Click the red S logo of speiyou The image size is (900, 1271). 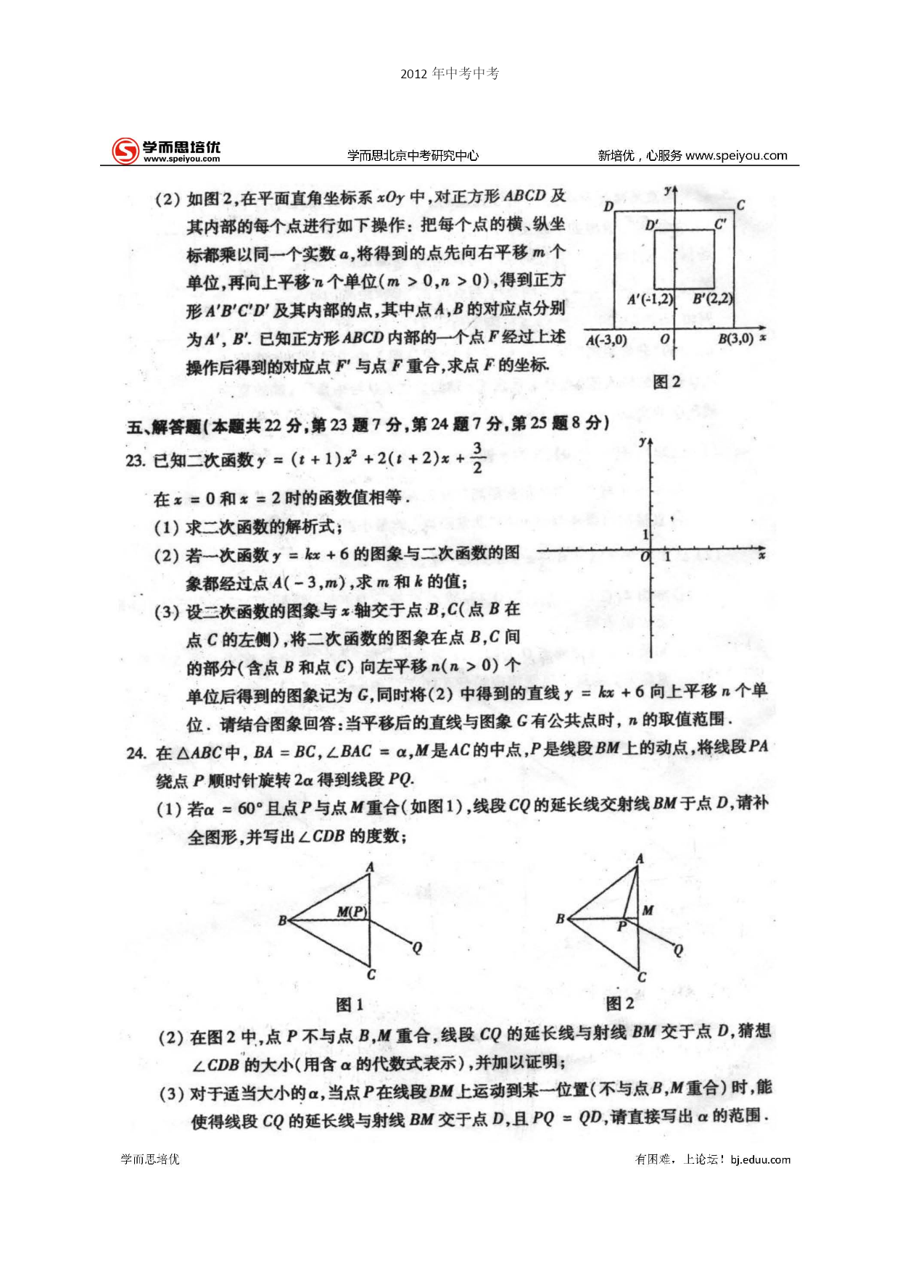click(125, 151)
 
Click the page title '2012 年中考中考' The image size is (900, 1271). click(450, 73)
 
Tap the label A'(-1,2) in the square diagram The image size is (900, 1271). click(650, 299)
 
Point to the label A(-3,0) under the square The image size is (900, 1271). click(606, 340)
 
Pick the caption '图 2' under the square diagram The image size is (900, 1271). click(666, 382)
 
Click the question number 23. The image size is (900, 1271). click(135, 461)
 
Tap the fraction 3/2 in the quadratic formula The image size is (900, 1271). click(477, 458)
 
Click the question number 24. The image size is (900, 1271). click(136, 753)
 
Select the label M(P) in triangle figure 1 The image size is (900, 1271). click(352, 912)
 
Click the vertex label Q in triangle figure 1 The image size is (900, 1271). click(417, 948)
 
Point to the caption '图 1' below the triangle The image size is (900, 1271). click(350, 1004)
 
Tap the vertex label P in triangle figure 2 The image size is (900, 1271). click(622, 927)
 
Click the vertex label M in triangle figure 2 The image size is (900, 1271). click(648, 910)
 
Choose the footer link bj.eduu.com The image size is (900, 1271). click(760, 1159)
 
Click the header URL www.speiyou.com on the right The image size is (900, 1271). click(736, 155)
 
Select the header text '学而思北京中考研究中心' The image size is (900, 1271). click(413, 155)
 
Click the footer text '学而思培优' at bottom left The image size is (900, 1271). click(150, 1159)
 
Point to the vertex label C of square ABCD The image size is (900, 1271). click(740, 205)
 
